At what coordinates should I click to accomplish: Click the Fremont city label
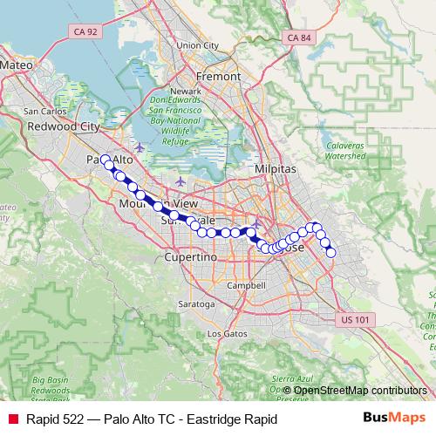click(x=220, y=76)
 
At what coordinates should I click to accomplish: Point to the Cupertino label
click(x=190, y=258)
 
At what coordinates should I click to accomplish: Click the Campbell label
click(x=245, y=285)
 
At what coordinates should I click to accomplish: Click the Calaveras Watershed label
click(x=345, y=151)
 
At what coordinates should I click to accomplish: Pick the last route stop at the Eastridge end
click(x=331, y=253)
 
